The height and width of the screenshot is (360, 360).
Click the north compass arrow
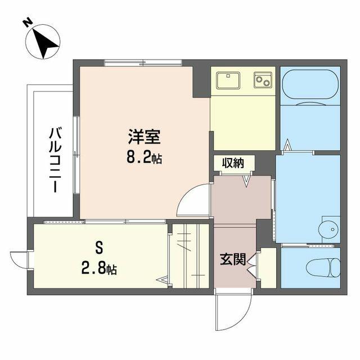click(46, 44)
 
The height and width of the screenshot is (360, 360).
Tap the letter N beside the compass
click(28, 23)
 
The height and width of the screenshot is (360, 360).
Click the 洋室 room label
click(144, 137)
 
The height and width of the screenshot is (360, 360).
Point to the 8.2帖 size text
click(144, 157)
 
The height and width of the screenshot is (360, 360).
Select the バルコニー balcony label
click(55, 160)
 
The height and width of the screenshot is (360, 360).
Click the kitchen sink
click(228, 80)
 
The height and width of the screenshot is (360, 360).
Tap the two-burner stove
click(263, 80)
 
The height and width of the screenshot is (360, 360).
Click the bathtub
click(310, 86)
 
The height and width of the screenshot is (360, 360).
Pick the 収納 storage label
click(233, 163)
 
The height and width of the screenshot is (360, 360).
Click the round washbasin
click(328, 229)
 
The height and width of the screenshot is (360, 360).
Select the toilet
click(323, 268)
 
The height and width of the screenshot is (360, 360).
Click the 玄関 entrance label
click(233, 259)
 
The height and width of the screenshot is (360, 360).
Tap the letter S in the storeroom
click(99, 247)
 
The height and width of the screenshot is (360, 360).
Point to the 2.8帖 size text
click(99, 268)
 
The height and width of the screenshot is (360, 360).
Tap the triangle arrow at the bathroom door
click(287, 145)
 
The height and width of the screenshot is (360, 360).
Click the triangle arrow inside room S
click(163, 280)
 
